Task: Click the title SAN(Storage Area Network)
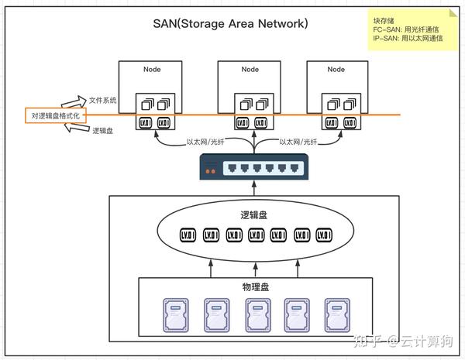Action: [230, 23]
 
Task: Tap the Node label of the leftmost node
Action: [152, 70]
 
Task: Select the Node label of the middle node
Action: [250, 70]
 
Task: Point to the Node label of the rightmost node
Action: [336, 70]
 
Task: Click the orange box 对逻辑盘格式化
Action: [56, 115]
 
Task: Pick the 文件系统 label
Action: [102, 100]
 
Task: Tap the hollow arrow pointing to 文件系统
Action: [74, 101]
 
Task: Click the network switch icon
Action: [254, 166]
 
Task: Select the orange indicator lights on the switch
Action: [210, 171]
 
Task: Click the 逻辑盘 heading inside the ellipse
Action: [254, 214]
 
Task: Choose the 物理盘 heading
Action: [256, 286]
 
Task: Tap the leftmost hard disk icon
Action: [176, 315]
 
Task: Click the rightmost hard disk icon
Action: [337, 315]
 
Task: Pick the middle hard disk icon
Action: [258, 315]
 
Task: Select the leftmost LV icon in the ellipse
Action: [188, 235]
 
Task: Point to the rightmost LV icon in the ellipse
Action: [324, 235]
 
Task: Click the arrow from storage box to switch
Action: [254, 188]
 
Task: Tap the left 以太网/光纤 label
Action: [205, 142]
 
